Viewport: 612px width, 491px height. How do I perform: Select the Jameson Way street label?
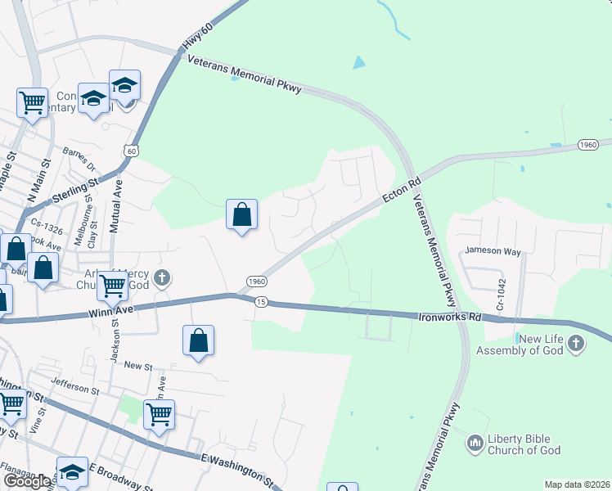click(493, 251)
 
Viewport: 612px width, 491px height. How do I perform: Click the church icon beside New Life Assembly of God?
click(576, 344)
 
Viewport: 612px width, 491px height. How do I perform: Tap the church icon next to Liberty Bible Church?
click(475, 444)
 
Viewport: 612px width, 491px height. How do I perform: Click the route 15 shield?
click(261, 302)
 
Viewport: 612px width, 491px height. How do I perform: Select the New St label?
click(134, 365)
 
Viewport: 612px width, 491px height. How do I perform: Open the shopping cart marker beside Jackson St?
click(112, 287)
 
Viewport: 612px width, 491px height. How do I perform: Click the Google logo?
click(28, 481)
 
